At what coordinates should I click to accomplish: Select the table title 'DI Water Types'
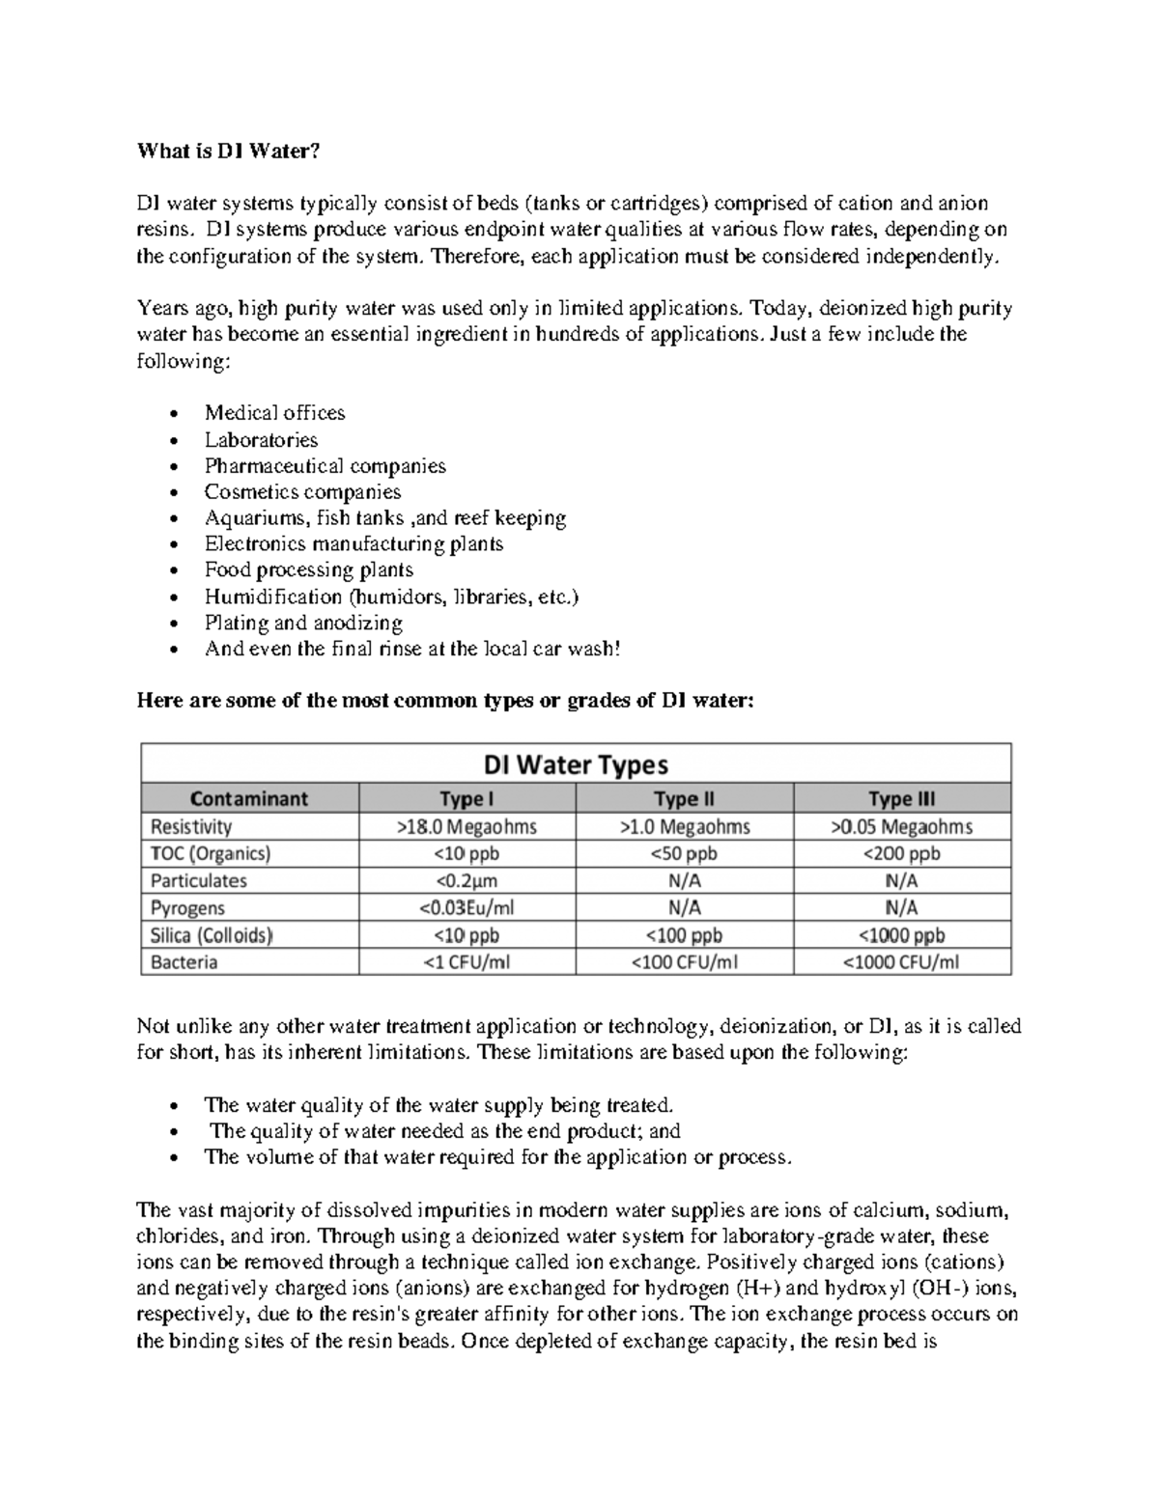(576, 764)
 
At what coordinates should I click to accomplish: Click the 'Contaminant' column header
(249, 798)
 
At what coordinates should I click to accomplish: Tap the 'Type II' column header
(684, 798)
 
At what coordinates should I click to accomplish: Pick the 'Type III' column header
(901, 798)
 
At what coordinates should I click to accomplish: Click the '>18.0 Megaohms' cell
(466, 826)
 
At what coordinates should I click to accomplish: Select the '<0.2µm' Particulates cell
(466, 880)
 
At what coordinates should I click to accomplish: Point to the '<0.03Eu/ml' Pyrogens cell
(466, 907)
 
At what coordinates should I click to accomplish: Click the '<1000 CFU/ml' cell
(901, 961)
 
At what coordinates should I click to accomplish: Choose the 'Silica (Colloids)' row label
(212, 934)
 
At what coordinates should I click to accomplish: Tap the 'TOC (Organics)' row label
(211, 853)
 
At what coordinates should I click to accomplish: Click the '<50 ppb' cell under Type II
(684, 853)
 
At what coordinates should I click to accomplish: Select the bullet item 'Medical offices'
(274, 413)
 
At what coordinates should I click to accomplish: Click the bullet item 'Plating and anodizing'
(303, 623)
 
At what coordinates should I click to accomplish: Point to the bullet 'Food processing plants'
(308, 569)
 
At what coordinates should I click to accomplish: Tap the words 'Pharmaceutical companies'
(325, 466)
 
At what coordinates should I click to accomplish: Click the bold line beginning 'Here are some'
(443, 701)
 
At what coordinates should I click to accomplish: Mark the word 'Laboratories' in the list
(261, 440)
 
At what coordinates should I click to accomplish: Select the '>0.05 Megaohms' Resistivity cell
(901, 826)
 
